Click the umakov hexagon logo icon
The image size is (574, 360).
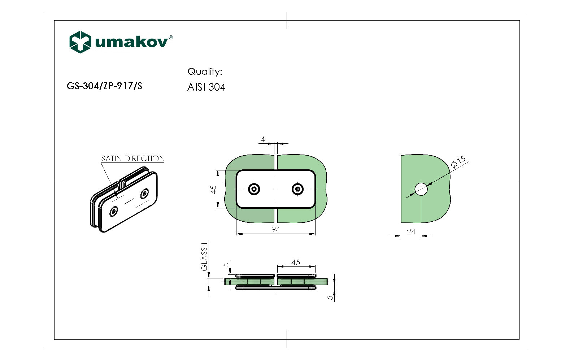pyautogui.click(x=80, y=42)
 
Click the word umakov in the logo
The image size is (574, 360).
pyautogui.click(x=131, y=42)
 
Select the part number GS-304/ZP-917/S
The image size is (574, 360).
pyautogui.click(x=104, y=86)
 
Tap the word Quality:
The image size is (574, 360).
pyautogui.click(x=205, y=71)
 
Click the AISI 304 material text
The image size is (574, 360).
pyautogui.click(x=206, y=87)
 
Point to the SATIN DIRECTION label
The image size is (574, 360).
pyautogui.click(x=132, y=159)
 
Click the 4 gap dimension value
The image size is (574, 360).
pyautogui.click(x=263, y=139)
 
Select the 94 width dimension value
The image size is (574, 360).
pyautogui.click(x=275, y=230)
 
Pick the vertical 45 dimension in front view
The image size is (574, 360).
pyautogui.click(x=213, y=189)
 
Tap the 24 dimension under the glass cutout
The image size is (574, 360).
pyautogui.click(x=411, y=232)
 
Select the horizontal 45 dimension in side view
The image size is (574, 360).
pyautogui.click(x=295, y=263)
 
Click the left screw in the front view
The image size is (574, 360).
pyautogui.click(x=254, y=189)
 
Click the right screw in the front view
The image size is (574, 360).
pyautogui.click(x=297, y=189)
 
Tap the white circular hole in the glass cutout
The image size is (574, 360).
pyautogui.click(x=421, y=189)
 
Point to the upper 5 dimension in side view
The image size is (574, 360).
pyautogui.click(x=226, y=264)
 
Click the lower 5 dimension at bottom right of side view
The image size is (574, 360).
pyautogui.click(x=330, y=297)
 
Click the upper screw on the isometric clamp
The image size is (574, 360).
pyautogui.click(x=145, y=194)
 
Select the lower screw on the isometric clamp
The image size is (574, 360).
pyautogui.click(x=114, y=212)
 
